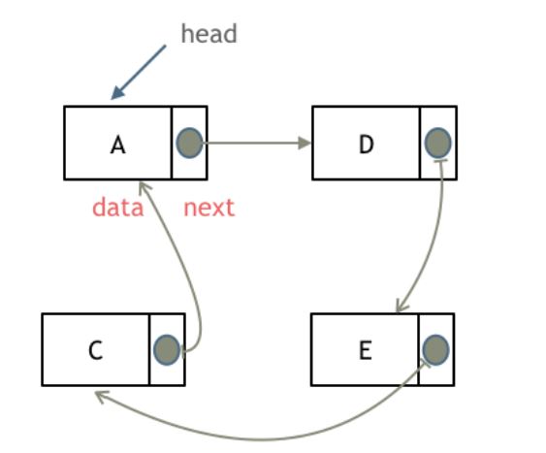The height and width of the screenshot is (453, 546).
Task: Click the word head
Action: [209, 34]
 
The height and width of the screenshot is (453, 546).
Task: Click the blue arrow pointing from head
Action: [139, 72]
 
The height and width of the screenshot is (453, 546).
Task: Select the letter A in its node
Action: [117, 145]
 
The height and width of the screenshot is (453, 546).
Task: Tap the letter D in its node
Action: [366, 145]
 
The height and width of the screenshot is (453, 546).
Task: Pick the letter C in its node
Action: [95, 350]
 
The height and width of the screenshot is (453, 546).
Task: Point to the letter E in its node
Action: [365, 350]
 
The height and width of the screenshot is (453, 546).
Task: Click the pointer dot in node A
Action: [189, 144]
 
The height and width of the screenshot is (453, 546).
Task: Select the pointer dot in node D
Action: [437, 144]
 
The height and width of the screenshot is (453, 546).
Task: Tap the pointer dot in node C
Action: [167, 350]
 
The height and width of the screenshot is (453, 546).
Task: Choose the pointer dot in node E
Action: [435, 350]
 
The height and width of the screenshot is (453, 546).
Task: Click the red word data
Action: [117, 208]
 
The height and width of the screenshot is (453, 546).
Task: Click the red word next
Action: [209, 208]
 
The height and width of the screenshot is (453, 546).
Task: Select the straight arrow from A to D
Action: [257, 143]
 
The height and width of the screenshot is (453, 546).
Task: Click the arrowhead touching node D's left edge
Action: [305, 143]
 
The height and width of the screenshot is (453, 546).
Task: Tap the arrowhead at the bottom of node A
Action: [144, 187]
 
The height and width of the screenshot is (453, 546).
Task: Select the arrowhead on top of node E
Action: [401, 306]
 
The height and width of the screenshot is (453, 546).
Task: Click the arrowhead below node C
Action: [102, 397]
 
